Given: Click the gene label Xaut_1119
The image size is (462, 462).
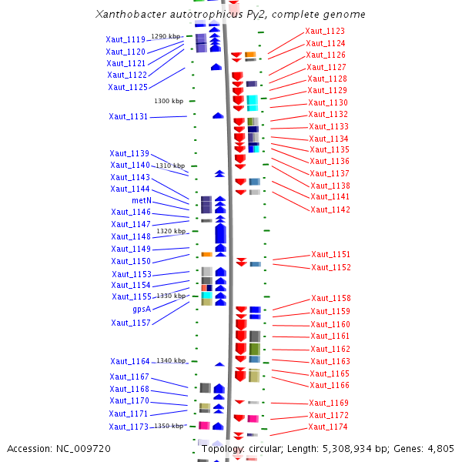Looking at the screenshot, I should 126,39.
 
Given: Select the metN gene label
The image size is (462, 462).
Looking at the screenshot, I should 141,200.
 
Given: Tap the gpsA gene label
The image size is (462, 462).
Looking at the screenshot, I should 141,309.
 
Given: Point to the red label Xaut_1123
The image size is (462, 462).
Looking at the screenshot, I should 325,31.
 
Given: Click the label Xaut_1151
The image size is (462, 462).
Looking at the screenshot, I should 330,255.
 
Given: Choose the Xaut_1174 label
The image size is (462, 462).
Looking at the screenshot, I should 328,427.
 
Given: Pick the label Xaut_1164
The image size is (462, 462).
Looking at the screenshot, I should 129,361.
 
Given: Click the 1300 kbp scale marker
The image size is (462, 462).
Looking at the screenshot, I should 169,101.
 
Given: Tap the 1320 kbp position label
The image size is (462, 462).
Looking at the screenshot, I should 171,231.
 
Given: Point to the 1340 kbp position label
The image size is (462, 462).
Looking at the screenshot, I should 171,360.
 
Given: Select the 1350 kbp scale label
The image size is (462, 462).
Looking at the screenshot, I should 169,426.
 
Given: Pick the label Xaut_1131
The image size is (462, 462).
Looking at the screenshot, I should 128,117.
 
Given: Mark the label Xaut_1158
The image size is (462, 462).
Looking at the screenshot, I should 330,299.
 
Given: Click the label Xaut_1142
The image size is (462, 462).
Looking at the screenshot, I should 330,209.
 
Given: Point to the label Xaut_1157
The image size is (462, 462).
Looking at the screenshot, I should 131,323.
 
